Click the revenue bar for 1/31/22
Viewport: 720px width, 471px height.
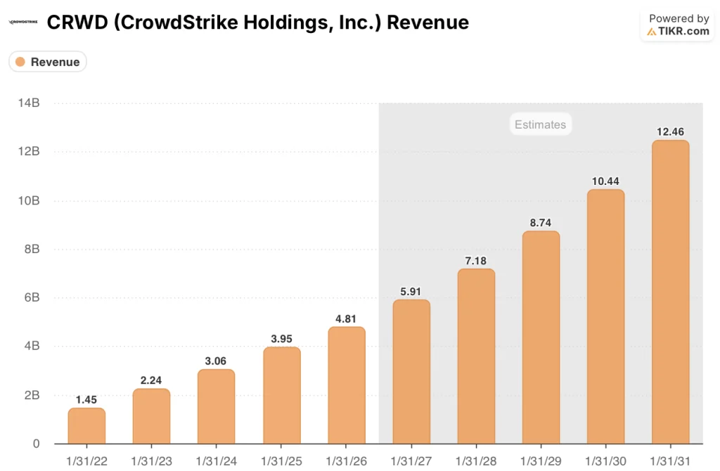(x=86, y=426)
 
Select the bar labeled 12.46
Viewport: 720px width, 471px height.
(x=670, y=292)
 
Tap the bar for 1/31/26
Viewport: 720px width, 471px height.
(x=346, y=385)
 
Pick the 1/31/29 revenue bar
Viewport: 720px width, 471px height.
(x=541, y=337)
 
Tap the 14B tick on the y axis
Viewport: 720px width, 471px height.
(x=28, y=103)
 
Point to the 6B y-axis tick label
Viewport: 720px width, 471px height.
(x=30, y=298)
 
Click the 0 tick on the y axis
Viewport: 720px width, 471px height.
(x=35, y=444)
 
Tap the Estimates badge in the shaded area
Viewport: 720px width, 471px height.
(x=540, y=124)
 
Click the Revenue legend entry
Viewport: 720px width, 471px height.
(x=48, y=62)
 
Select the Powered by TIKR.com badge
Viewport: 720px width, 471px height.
(x=678, y=25)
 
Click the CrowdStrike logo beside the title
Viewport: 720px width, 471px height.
(x=24, y=22)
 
